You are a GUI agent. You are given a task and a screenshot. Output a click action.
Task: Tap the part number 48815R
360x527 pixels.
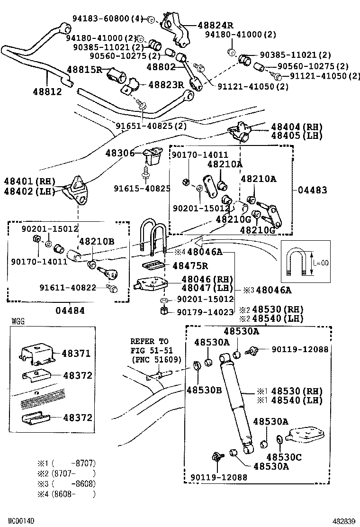[84, 70]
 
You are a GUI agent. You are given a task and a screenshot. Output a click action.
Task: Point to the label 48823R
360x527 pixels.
[166, 85]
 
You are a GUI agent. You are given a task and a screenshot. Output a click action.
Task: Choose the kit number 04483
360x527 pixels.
[312, 190]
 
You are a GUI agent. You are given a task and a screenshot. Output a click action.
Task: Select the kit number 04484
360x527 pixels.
[70, 310]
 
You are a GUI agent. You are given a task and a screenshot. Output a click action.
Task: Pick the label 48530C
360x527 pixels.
[284, 457]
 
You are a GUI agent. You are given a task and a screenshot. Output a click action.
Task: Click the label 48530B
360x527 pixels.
[204, 390]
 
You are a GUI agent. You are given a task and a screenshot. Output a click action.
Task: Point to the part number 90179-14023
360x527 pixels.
[205, 312]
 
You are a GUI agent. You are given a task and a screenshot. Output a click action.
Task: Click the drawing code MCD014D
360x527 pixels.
[21, 521]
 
